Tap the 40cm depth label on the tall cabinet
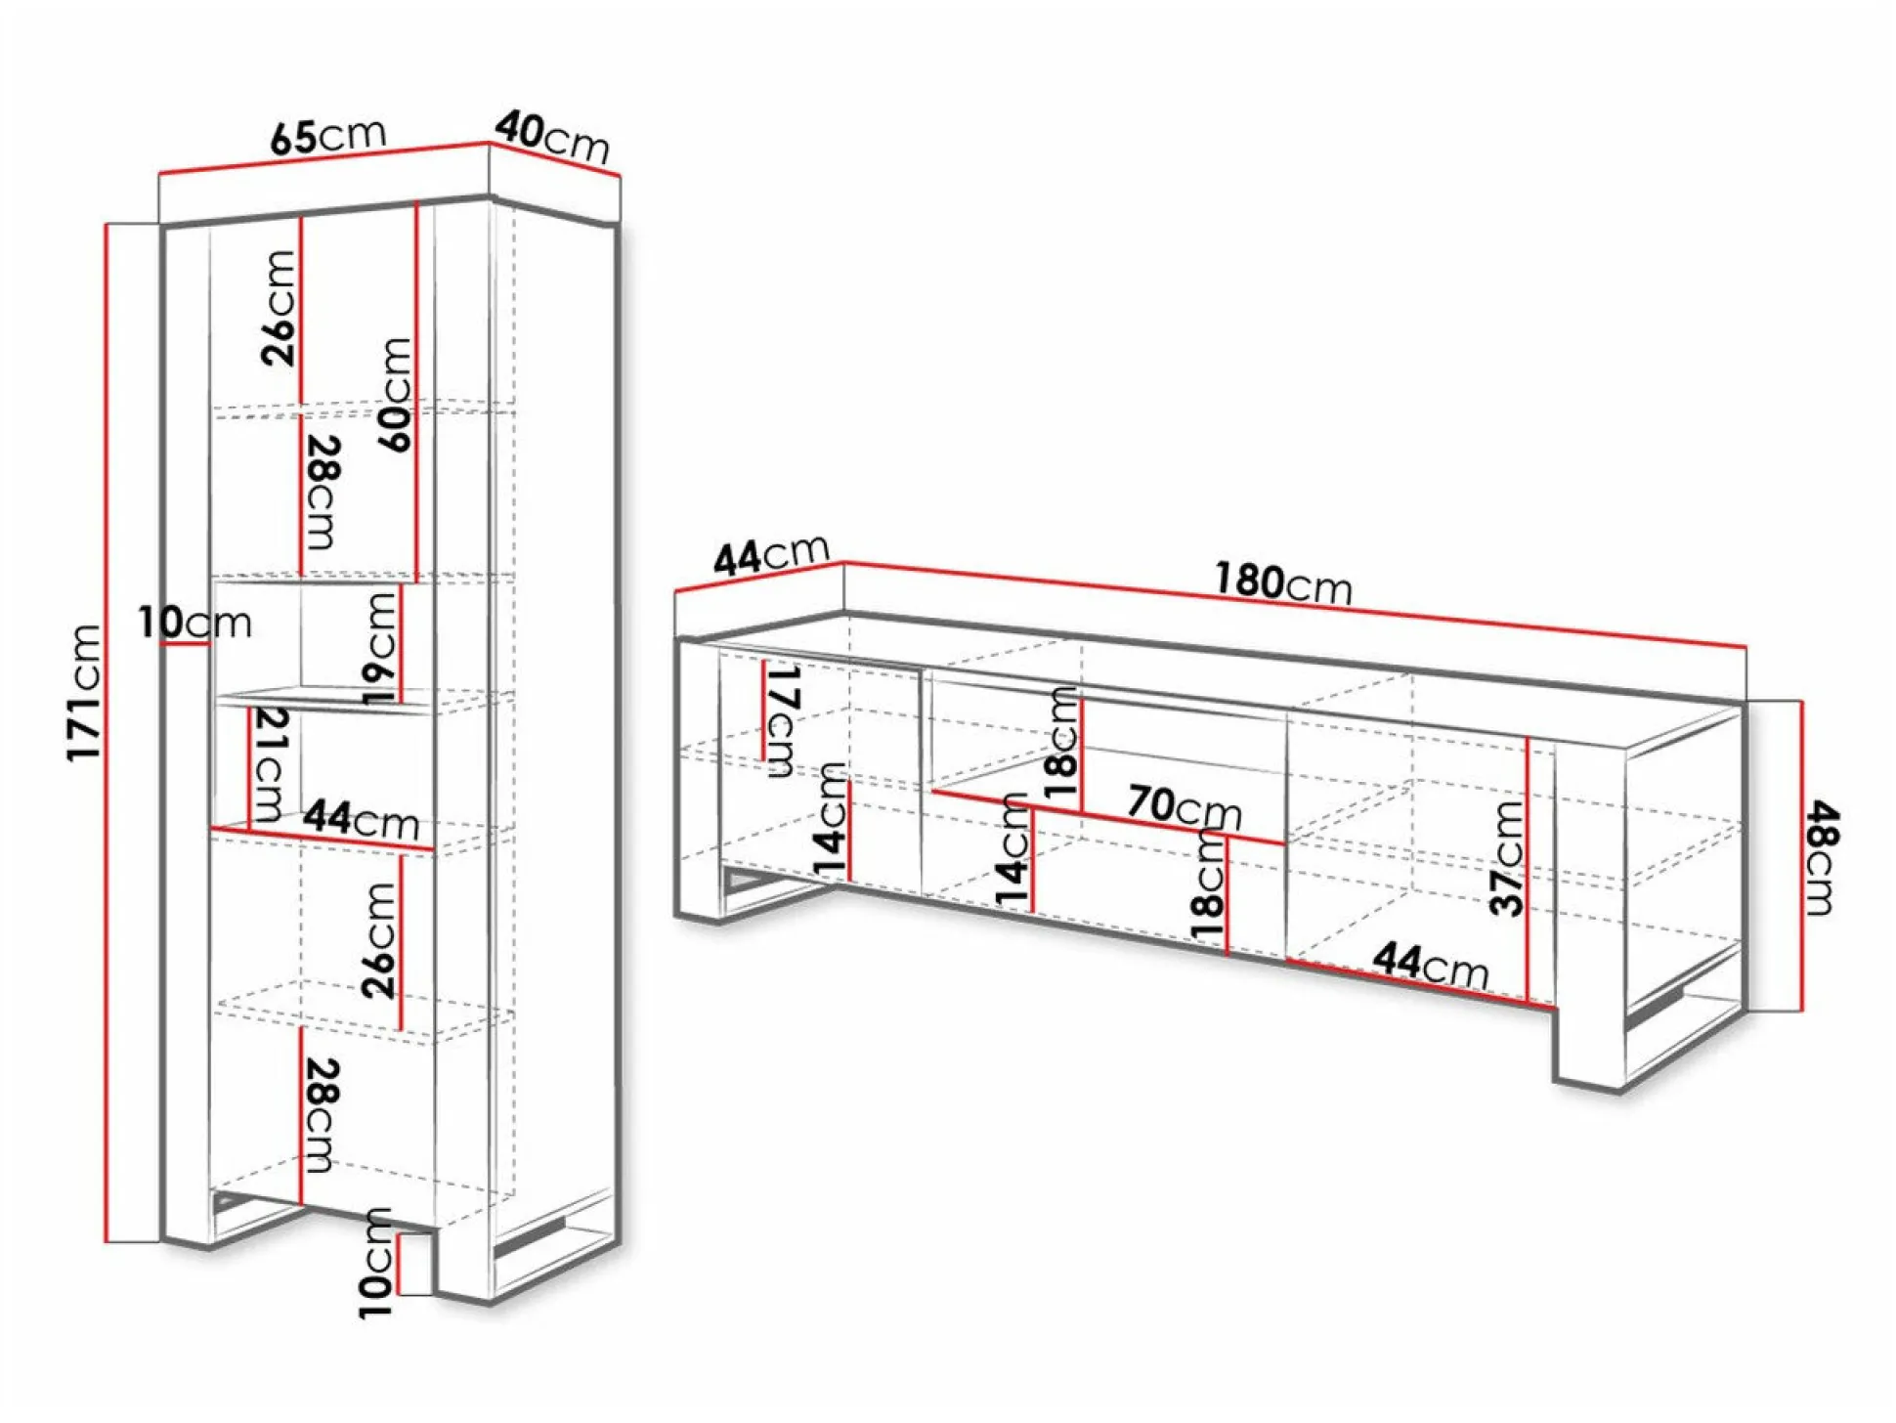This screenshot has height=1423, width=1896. click(552, 137)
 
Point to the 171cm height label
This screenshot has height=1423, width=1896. click(84, 692)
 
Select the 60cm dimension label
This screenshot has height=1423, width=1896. click(396, 394)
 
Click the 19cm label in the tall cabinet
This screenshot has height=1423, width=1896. click(381, 648)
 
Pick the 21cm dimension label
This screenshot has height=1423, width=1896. click(270, 764)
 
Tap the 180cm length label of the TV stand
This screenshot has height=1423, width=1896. click(1283, 582)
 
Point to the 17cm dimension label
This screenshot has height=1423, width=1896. click(784, 721)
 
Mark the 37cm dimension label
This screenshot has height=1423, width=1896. click(1507, 858)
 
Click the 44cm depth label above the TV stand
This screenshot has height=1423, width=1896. click(771, 555)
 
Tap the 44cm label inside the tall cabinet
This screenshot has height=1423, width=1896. click(361, 819)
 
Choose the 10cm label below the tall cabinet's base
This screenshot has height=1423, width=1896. click(376, 1263)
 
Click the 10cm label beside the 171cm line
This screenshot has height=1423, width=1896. click(194, 623)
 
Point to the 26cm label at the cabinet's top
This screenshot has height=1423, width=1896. click(280, 308)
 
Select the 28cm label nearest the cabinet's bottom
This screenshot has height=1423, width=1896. click(321, 1115)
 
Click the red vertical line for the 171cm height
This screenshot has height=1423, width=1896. click(106, 733)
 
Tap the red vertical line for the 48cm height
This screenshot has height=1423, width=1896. click(1801, 855)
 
